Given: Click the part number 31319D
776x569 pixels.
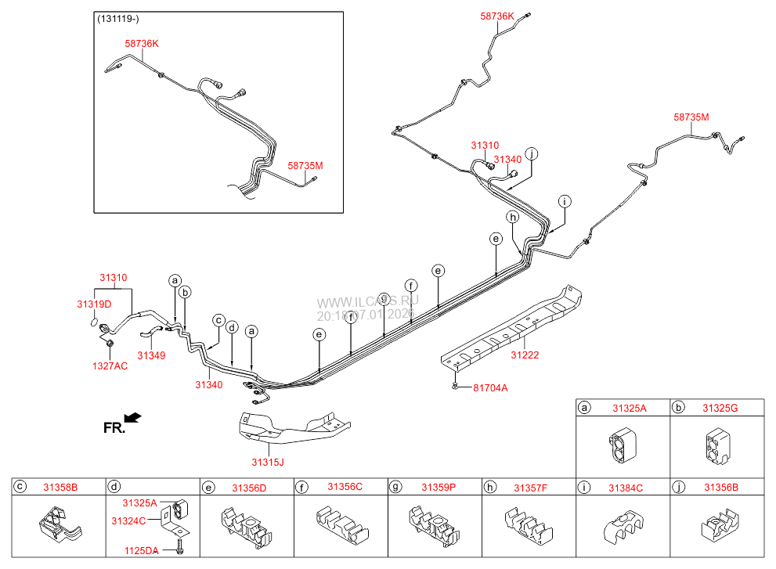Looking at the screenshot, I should (94, 304).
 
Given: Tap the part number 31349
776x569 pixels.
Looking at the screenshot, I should (151, 355).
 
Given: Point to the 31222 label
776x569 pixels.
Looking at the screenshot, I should (525, 355).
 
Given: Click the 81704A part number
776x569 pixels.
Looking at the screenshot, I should (490, 387).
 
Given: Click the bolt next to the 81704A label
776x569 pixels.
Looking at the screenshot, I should (455, 386).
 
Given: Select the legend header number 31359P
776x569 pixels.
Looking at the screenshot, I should (438, 488).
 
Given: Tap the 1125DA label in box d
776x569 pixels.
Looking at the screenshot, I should (141, 551).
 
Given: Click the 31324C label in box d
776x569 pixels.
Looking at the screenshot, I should (128, 520).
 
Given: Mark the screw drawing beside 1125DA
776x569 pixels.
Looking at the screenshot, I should (180, 545).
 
